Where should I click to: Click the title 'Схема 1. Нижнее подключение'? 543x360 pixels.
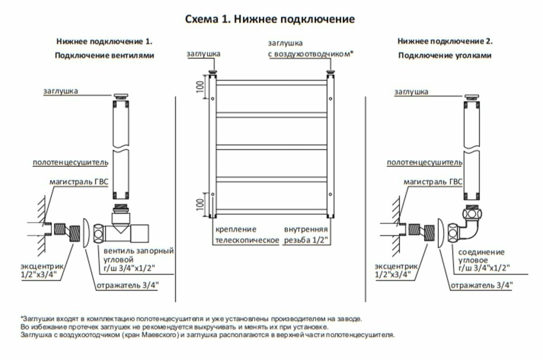click(270, 19)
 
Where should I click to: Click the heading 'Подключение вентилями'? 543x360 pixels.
click(105, 56)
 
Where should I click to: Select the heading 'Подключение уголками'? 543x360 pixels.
click(445, 56)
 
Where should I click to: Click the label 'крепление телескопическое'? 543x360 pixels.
click(247, 235)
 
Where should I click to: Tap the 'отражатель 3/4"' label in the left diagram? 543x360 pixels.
click(127, 285)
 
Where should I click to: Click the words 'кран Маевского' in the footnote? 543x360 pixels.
click(146, 335)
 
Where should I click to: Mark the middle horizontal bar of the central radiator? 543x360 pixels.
click(272, 147)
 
